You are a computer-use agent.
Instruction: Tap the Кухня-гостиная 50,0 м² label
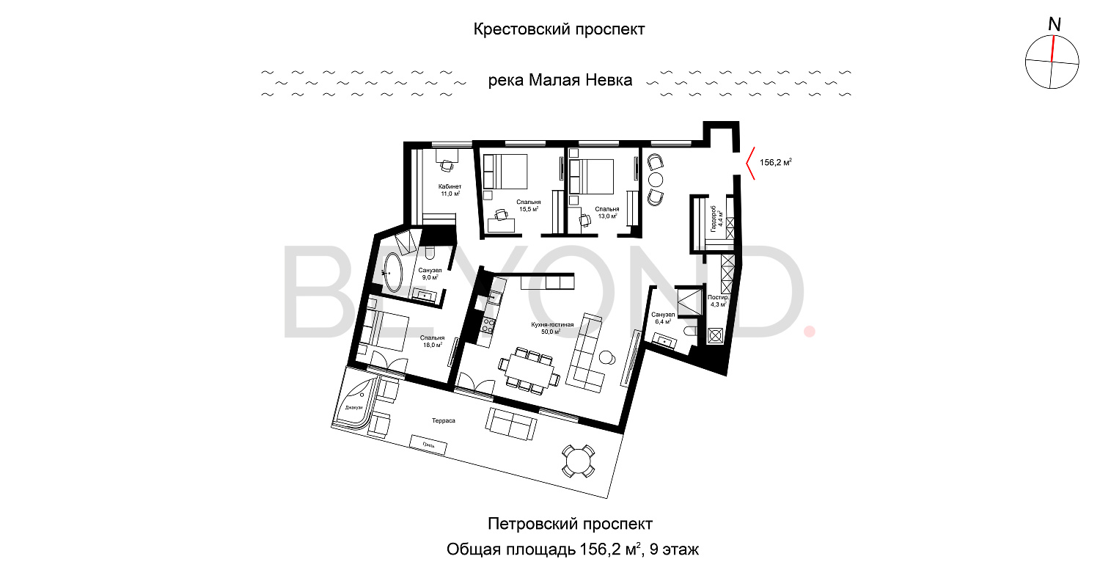point(547,327)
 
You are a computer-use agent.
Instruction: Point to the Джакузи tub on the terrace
point(354,406)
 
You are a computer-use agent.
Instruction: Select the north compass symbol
point(1052,62)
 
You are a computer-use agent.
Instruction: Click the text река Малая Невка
point(560,81)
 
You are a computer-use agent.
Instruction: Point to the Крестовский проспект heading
point(559,29)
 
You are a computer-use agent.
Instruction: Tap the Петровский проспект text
point(569,524)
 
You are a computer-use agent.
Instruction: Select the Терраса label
point(444,421)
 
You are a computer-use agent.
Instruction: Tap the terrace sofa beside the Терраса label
point(511,423)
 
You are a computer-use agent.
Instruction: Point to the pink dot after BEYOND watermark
point(810,332)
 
